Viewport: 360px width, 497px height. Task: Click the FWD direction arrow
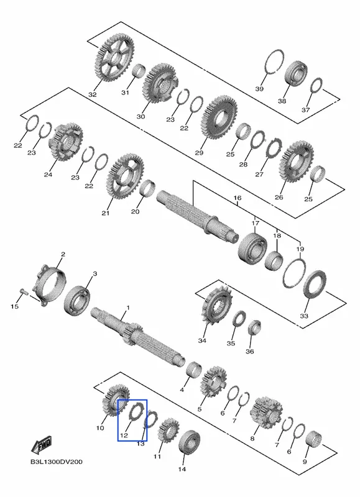(41, 445)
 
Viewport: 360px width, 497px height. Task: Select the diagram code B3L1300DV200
(57, 462)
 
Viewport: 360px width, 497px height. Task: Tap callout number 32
(93, 94)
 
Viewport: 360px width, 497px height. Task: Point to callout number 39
(259, 89)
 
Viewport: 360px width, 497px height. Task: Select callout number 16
(238, 198)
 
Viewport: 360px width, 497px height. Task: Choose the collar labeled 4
(194, 369)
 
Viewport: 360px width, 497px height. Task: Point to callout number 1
(128, 308)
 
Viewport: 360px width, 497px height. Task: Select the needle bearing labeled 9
(314, 440)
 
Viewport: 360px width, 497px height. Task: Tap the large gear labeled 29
(219, 117)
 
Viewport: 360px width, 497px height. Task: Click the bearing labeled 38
(296, 73)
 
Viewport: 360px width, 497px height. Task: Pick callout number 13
(141, 444)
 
